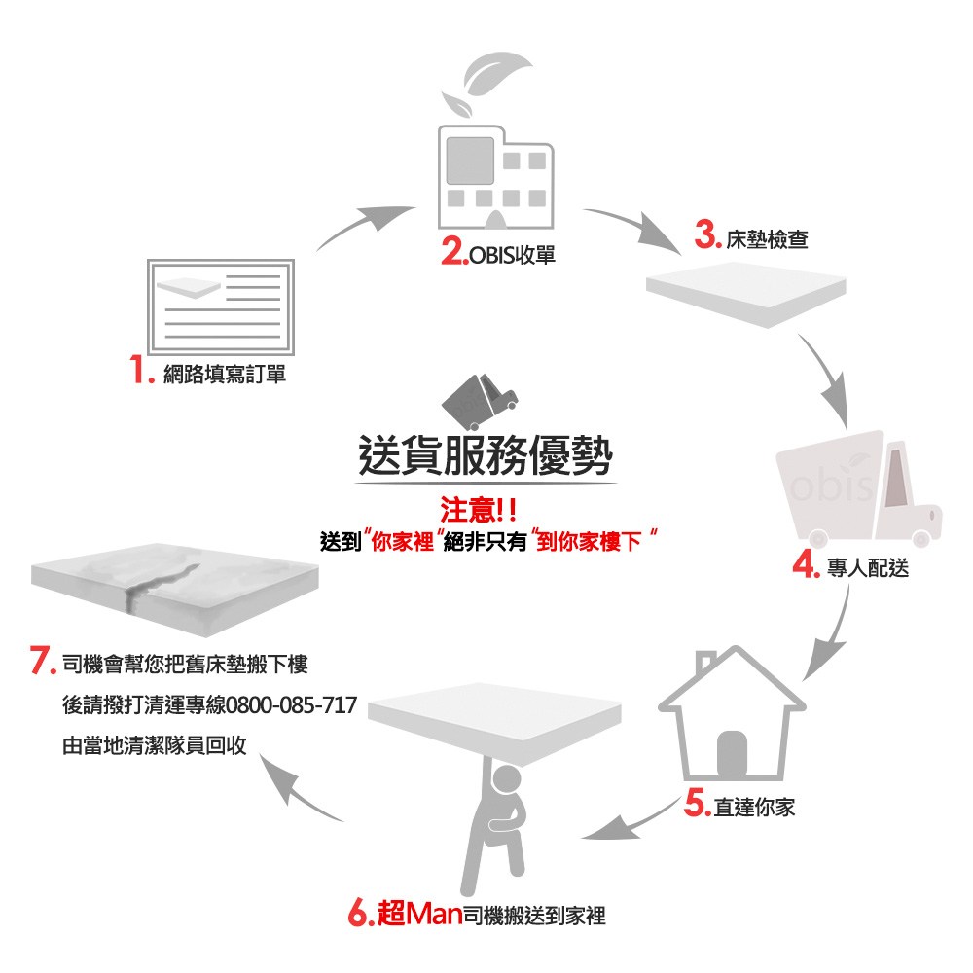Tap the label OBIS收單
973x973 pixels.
pyautogui.click(x=512, y=256)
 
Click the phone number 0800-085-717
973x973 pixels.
pyautogui.click(x=291, y=704)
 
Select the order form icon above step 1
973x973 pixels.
pyautogui.click(x=220, y=306)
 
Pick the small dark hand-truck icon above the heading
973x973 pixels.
pyautogui.click(x=479, y=399)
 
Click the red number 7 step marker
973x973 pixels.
pyautogui.click(x=42, y=664)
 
